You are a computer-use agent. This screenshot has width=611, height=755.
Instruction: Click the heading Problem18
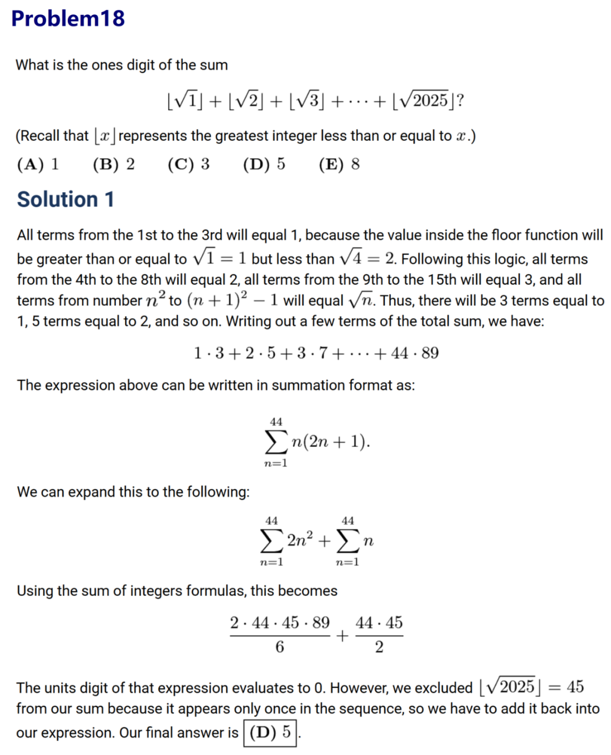68,19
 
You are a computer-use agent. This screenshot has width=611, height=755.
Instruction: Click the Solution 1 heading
66,199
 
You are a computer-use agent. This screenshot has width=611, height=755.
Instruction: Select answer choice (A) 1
38,164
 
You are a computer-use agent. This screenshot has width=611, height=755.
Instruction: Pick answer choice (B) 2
114,164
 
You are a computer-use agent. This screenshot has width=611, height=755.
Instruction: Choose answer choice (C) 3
188,164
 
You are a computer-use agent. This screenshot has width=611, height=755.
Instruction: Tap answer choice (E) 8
339,164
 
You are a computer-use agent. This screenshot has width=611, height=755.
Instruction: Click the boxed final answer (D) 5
270,732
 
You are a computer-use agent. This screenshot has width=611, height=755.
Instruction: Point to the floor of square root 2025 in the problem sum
424,101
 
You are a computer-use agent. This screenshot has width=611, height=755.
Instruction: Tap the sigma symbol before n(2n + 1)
276,442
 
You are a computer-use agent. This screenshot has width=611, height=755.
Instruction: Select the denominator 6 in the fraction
279,647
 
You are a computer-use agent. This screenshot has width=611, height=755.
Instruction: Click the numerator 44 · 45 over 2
379,623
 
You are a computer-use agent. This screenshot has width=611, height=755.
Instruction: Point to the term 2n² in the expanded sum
300,541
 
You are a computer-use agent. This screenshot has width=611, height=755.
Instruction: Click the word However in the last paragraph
359,688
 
